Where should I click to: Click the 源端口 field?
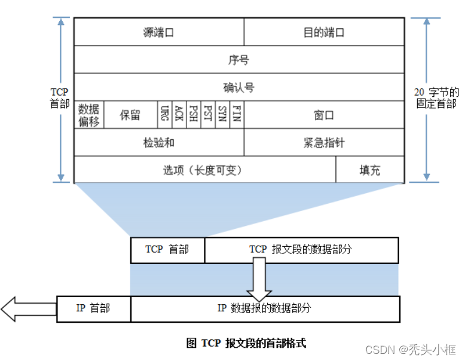point(158,32)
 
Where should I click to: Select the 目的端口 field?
point(324,32)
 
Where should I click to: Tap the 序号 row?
point(238,60)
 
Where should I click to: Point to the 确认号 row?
point(238,87)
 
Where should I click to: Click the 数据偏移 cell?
point(88,114)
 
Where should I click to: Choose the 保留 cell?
point(130,114)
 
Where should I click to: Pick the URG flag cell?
point(164,114)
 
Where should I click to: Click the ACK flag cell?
point(178,114)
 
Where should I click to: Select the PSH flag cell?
point(192,114)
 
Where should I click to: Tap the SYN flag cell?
point(222,114)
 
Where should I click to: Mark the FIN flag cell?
point(237,114)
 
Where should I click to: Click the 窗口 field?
point(324,114)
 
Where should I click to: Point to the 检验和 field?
point(158,142)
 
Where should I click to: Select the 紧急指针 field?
point(324,142)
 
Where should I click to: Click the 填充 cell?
point(369,170)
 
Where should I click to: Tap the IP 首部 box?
point(94,308)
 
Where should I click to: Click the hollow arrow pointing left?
point(27,309)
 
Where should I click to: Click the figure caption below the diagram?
point(246,343)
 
